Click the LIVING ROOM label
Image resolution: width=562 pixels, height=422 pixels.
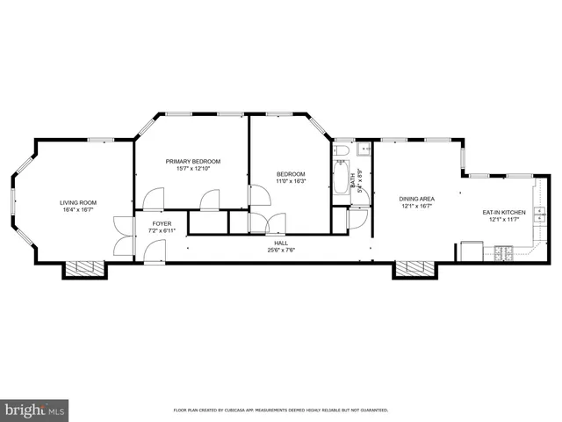(78, 202)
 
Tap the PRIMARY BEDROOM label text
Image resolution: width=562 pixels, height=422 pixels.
(193, 161)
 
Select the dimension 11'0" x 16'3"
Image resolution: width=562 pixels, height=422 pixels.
(291, 181)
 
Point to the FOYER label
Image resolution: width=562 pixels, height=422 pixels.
(162, 223)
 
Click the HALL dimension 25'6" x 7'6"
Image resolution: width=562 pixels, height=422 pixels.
(281, 250)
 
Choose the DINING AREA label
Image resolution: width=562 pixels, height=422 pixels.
(417, 200)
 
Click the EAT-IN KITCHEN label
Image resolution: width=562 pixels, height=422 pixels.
(504, 212)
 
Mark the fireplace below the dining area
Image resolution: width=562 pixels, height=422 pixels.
(413, 269)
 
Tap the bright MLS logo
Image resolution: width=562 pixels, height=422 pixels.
(35, 410)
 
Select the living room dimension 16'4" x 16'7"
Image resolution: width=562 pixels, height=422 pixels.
(78, 210)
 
